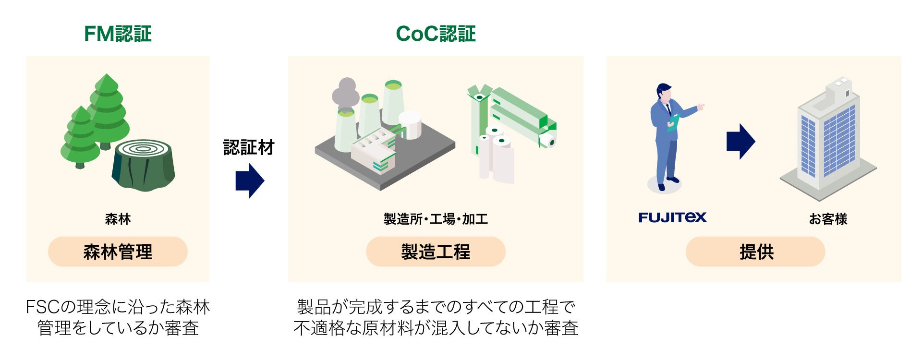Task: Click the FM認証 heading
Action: pyautogui.click(x=118, y=34)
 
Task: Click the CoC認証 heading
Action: pyautogui.click(x=436, y=34)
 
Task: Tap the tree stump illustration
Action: pyautogui.click(x=143, y=166)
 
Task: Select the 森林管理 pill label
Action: pyautogui.click(x=118, y=252)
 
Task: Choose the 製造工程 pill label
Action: pyautogui.click(x=436, y=252)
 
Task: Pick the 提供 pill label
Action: pyautogui.click(x=755, y=252)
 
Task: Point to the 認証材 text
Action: pyautogui.click(x=249, y=147)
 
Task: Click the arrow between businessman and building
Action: pyautogui.click(x=740, y=142)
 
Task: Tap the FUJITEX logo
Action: pyautogui.click(x=672, y=217)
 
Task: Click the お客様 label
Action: pyautogui.click(x=828, y=219)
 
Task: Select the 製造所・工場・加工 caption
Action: pyautogui.click(x=436, y=219)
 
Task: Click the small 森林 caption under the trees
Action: pyautogui.click(x=118, y=219)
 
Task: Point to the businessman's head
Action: pyautogui.click(x=664, y=93)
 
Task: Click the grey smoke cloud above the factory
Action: pyautogui.click(x=345, y=94)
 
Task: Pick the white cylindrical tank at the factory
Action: pyautogui.click(x=410, y=125)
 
